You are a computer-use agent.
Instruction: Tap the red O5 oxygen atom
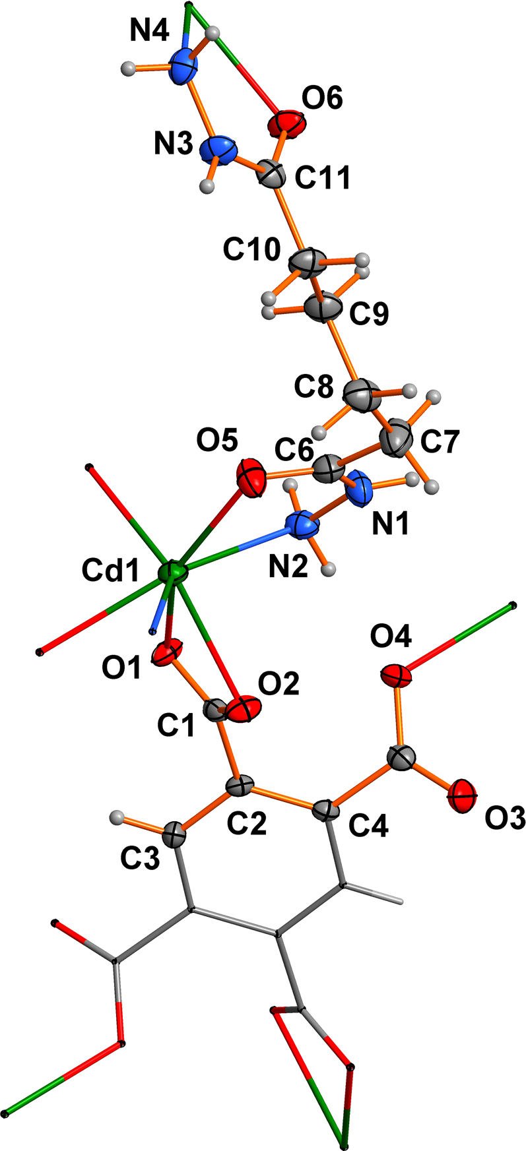251,477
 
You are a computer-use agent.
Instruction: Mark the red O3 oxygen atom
463,796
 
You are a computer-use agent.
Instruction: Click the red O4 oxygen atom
397,676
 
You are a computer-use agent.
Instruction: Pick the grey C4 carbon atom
325,809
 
